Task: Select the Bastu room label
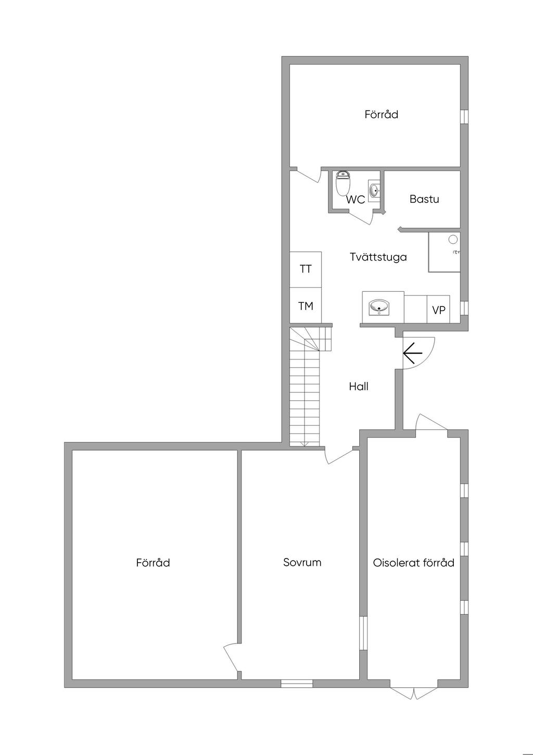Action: [424, 199]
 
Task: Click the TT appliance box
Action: [306, 269]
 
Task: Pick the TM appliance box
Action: [306, 306]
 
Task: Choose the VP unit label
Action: [438, 310]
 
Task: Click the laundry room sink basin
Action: [379, 307]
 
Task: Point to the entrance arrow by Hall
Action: [412, 353]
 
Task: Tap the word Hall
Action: [359, 387]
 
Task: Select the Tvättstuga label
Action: [378, 257]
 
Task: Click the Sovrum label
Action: [302, 563]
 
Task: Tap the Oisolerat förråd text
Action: [414, 563]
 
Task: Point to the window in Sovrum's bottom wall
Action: [297, 683]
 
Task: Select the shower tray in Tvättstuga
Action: [444, 252]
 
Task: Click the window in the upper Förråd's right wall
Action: [464, 117]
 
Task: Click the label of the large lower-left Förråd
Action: [153, 563]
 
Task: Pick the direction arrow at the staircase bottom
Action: [305, 443]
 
